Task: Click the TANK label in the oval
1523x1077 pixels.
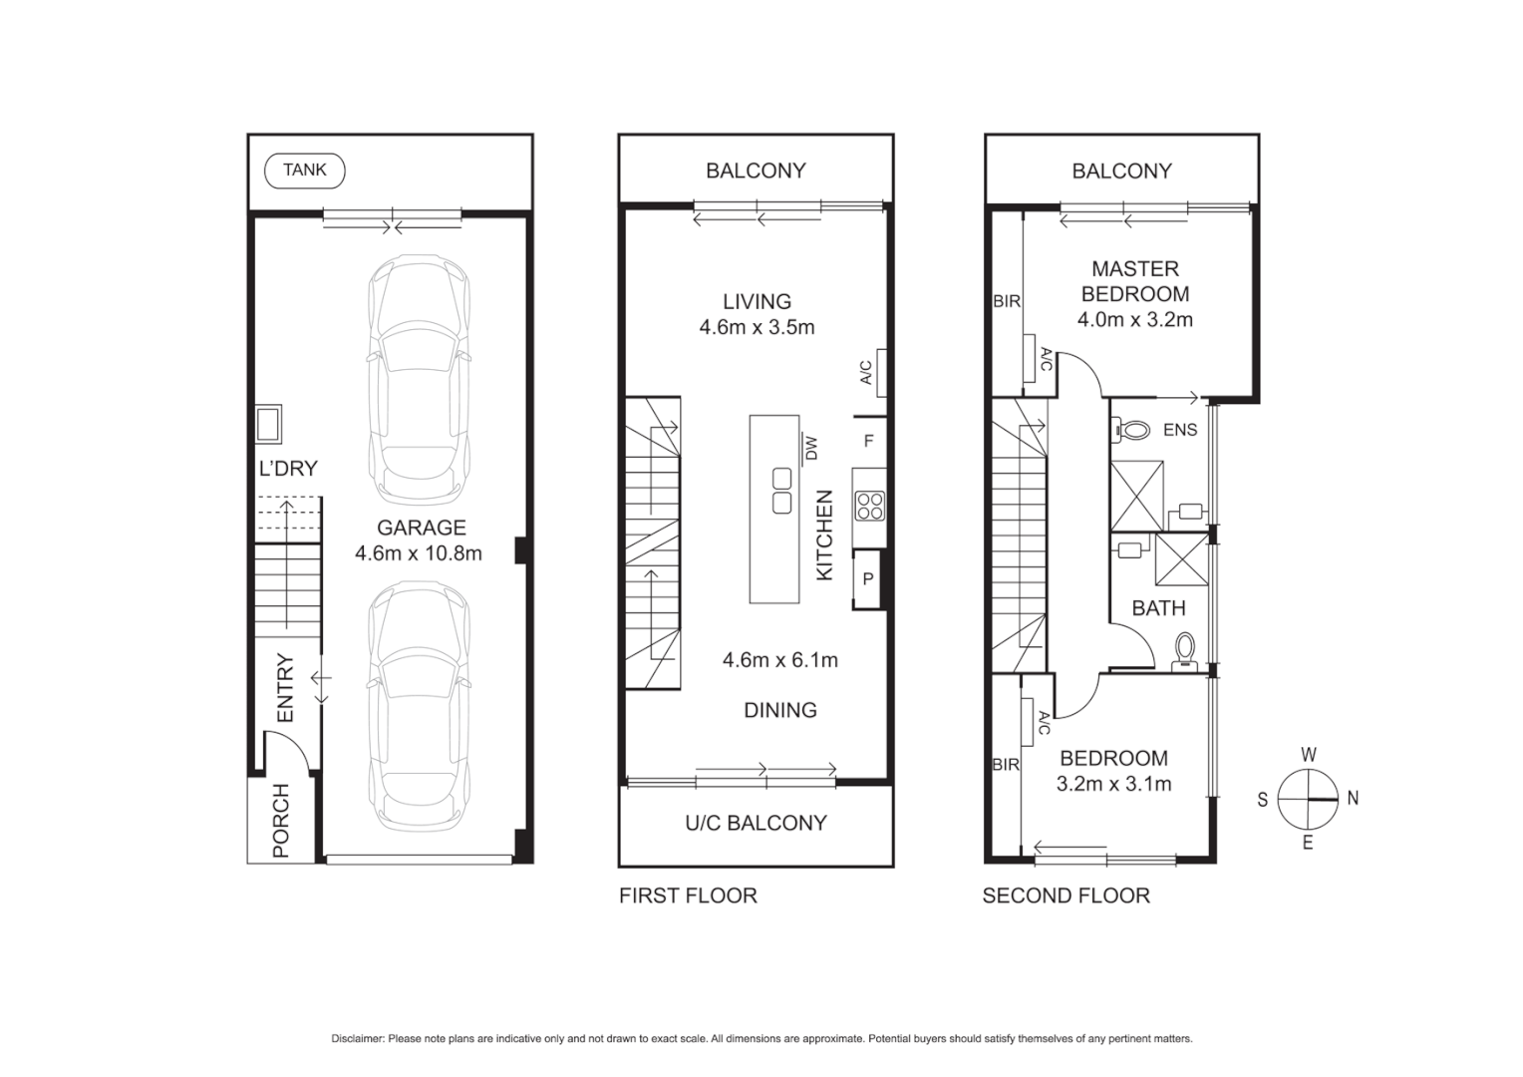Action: pos(304,171)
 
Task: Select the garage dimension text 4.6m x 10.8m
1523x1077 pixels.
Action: pos(419,553)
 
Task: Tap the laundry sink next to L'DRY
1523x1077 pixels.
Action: pos(268,424)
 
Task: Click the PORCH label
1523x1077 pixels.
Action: pos(281,821)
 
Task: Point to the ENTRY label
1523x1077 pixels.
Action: pos(285,688)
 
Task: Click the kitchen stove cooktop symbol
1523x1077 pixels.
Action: pos(869,506)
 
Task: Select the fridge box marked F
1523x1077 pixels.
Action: pos(869,441)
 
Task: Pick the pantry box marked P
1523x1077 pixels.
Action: pos(868,579)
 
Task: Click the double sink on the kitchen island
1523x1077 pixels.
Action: pos(781,491)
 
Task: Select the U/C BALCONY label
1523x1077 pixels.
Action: pos(756,823)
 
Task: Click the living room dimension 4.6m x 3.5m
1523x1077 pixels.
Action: pos(757,327)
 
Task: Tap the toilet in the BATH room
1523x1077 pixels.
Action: pos(1184,649)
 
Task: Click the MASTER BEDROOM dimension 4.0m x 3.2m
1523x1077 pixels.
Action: pos(1134,320)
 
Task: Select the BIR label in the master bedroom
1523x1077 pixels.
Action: pos(1006,301)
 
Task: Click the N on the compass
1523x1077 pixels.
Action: pos(1353,798)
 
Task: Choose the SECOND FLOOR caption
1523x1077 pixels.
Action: pos(1066,896)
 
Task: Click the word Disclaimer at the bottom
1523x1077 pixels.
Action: pos(357,1039)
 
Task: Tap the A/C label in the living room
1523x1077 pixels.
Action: pos(866,372)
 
